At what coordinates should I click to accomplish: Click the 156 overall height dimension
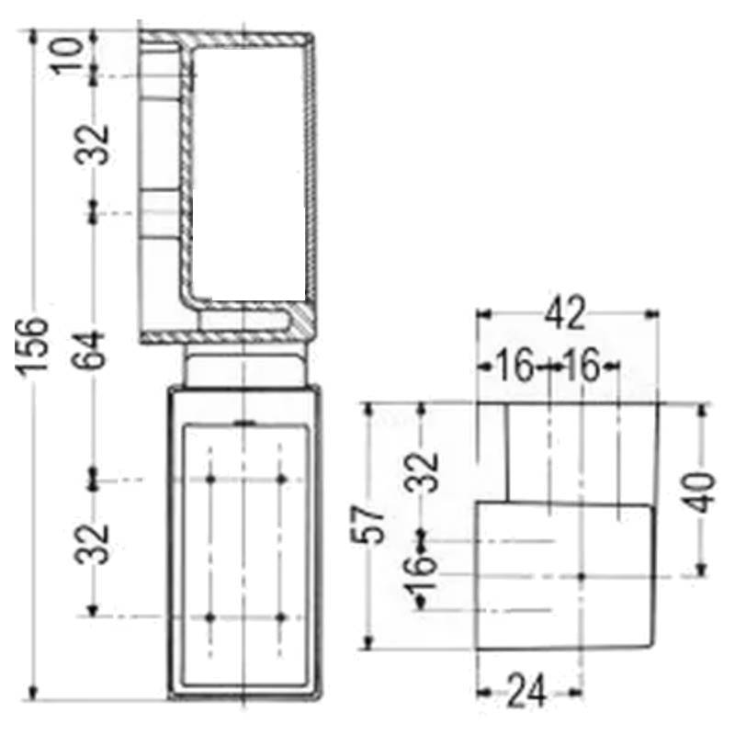(34, 345)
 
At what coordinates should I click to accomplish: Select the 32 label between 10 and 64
(93, 143)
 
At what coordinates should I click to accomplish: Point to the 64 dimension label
(93, 348)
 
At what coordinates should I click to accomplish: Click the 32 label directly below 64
(93, 543)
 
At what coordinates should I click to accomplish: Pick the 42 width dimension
(564, 315)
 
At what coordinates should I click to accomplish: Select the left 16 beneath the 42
(515, 367)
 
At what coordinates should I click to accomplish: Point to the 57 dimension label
(369, 525)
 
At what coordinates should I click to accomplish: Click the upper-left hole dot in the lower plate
(211, 480)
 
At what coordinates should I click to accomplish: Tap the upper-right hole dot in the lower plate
(281, 480)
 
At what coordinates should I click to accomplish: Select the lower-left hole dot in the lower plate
(211, 617)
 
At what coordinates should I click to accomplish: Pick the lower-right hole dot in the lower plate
(281, 617)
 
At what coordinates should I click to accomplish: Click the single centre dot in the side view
(582, 576)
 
